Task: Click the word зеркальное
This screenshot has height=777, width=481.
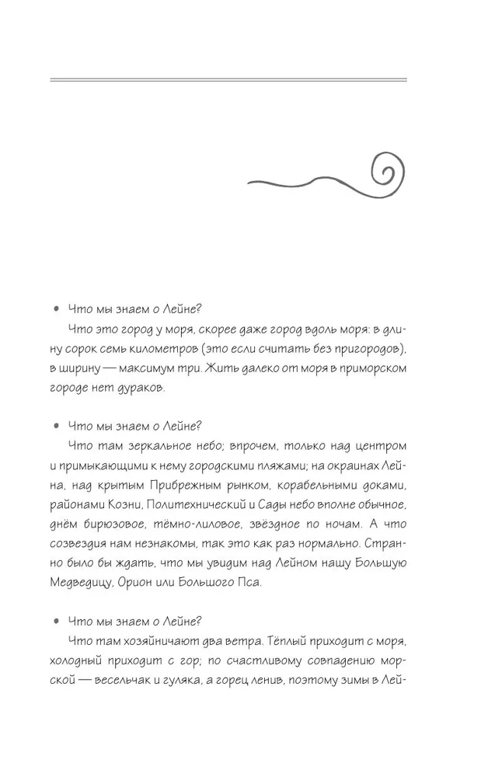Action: coord(158,445)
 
